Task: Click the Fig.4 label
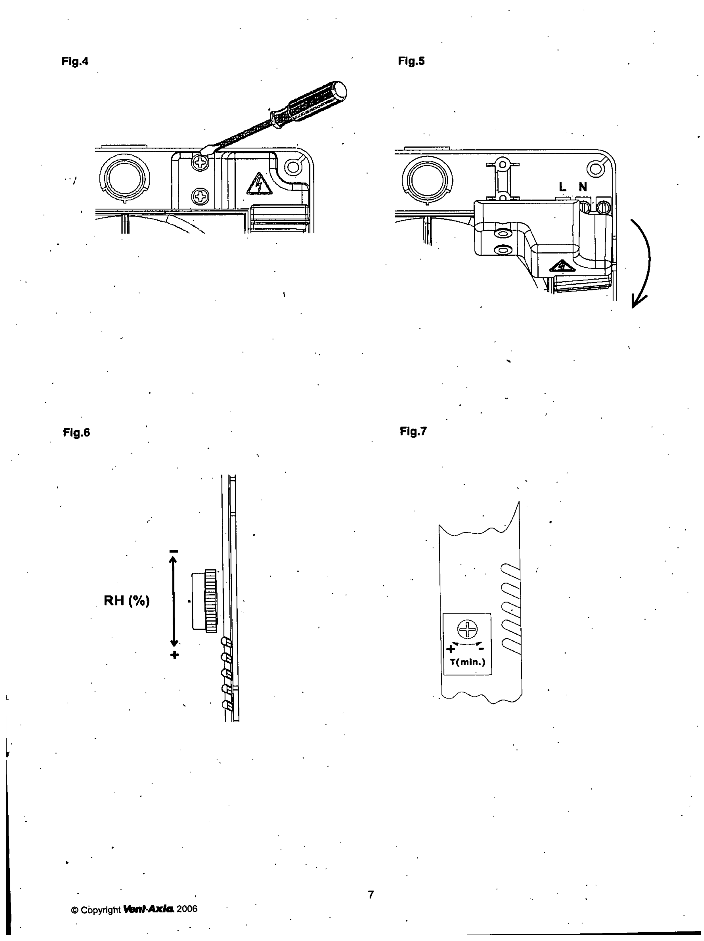[75, 61]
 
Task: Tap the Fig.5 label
[411, 61]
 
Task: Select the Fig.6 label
[77, 433]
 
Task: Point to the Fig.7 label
[413, 431]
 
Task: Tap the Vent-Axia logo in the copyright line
[149, 909]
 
